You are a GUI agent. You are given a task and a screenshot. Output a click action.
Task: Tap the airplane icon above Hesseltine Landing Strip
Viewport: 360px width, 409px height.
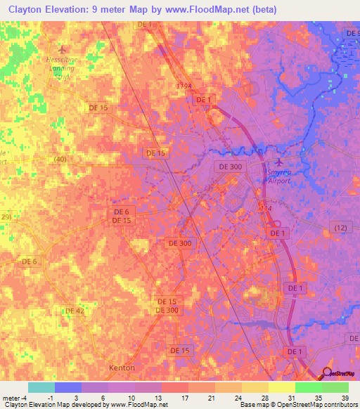tap(62, 49)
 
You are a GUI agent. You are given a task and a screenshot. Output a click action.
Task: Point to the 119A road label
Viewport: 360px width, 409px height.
tap(184, 84)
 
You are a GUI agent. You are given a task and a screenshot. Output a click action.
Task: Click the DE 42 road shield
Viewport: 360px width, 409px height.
tap(74, 310)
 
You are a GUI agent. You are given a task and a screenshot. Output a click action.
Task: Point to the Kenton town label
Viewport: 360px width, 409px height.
tap(122, 368)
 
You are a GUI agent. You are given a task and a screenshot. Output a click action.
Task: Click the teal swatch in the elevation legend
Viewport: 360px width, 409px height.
tap(41, 387)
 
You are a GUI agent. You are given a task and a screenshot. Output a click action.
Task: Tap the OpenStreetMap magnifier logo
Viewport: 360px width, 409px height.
tap(327, 373)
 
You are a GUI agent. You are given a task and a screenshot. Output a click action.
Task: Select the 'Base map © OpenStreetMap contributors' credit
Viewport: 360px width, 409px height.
tap(297, 405)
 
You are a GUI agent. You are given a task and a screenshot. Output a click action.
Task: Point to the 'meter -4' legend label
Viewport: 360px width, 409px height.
tap(15, 398)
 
